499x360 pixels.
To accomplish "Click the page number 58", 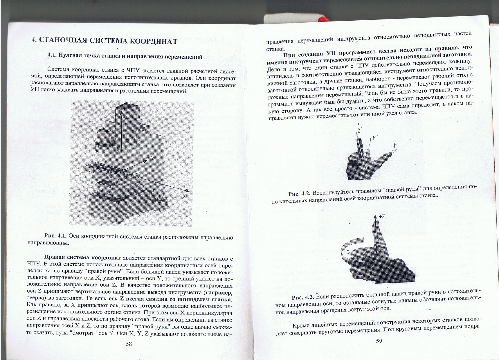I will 129,344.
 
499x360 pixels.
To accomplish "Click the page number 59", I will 379,341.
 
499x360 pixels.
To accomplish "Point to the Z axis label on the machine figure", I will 127,114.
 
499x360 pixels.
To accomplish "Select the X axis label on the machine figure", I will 184,196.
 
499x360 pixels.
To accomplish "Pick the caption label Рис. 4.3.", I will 303,297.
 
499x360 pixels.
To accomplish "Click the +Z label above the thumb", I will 382,217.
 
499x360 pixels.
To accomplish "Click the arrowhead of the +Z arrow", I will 375,217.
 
